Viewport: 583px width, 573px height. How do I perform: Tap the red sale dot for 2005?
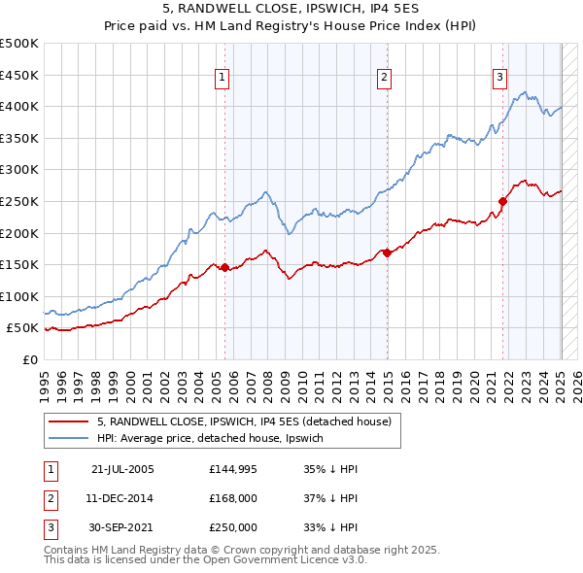pos(224,267)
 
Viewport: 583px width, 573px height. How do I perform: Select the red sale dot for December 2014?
pos(387,253)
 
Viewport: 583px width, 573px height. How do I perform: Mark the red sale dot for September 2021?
pos(503,201)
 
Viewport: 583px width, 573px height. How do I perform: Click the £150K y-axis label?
pos(19,264)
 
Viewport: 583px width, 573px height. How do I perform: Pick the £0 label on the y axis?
pos(29,359)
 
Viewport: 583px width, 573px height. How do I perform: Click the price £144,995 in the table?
pos(232,469)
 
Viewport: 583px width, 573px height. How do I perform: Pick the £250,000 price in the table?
pos(232,527)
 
